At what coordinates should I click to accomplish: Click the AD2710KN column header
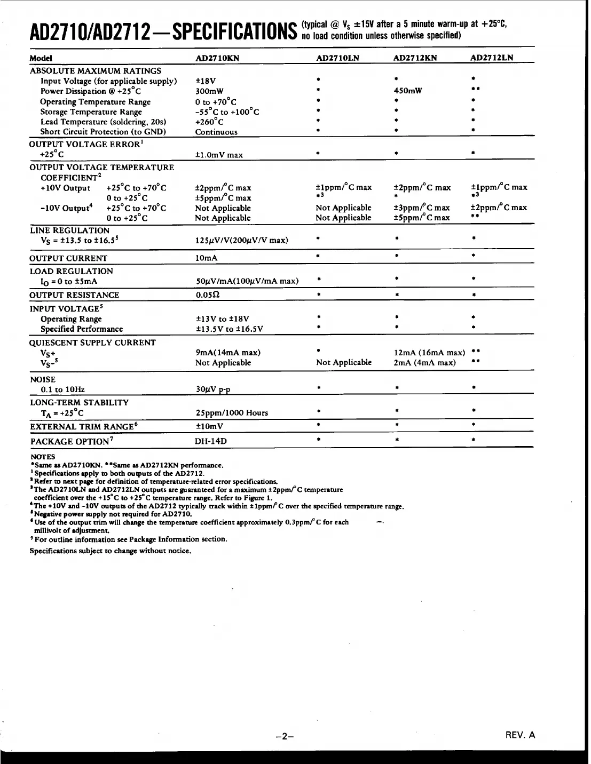pyautogui.click(x=217, y=58)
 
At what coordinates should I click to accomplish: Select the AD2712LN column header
pyautogui.click(x=491, y=58)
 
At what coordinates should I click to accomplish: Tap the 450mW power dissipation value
pyautogui.click(x=407, y=91)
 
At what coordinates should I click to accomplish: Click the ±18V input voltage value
pyautogui.click(x=206, y=81)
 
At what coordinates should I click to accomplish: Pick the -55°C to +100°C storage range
pyautogui.click(x=227, y=112)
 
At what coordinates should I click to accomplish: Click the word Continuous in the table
pyautogui.click(x=216, y=132)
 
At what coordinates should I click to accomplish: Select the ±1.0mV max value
pyautogui.click(x=219, y=155)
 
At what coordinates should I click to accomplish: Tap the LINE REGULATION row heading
pyautogui.click(x=69, y=230)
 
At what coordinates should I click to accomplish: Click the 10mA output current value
pyautogui.click(x=207, y=258)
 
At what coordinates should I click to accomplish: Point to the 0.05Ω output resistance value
pyautogui.click(x=208, y=295)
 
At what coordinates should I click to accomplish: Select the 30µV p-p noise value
pyautogui.click(x=213, y=389)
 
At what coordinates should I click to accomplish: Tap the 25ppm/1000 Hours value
pyautogui.click(x=232, y=413)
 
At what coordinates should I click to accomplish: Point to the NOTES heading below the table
pyautogui.click(x=42, y=457)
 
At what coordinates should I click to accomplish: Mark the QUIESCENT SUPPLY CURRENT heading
pyautogui.click(x=92, y=343)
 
